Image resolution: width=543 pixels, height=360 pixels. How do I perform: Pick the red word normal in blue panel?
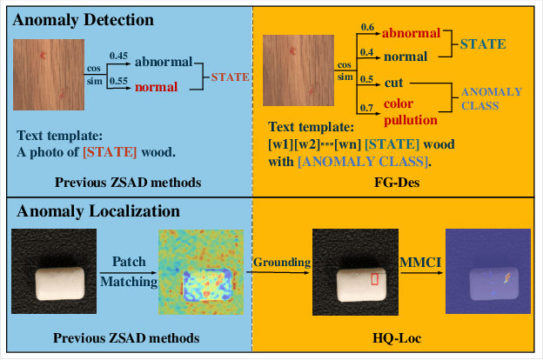(157, 87)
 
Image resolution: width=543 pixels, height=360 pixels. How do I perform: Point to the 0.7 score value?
(368, 106)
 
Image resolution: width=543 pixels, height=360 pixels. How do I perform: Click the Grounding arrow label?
(278, 261)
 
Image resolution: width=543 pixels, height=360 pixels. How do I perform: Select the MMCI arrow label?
(415, 261)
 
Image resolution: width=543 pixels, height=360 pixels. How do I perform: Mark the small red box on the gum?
(375, 279)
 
